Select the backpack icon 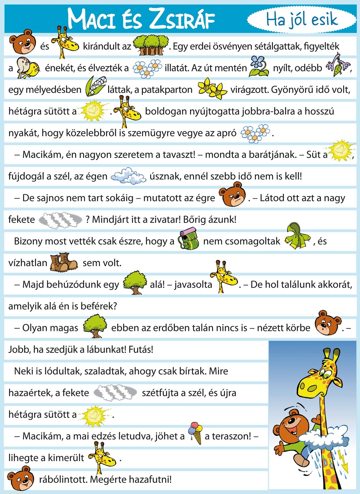coord(188,241)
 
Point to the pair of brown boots coord(63,262)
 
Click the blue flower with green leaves coord(258,66)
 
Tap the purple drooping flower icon coord(337,65)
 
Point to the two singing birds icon coord(27,68)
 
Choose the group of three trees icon coord(151,45)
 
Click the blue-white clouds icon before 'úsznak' coord(128,176)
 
